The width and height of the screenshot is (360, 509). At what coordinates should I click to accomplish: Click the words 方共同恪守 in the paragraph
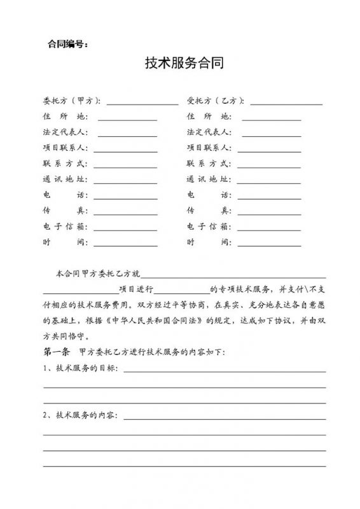click(x=67, y=337)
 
